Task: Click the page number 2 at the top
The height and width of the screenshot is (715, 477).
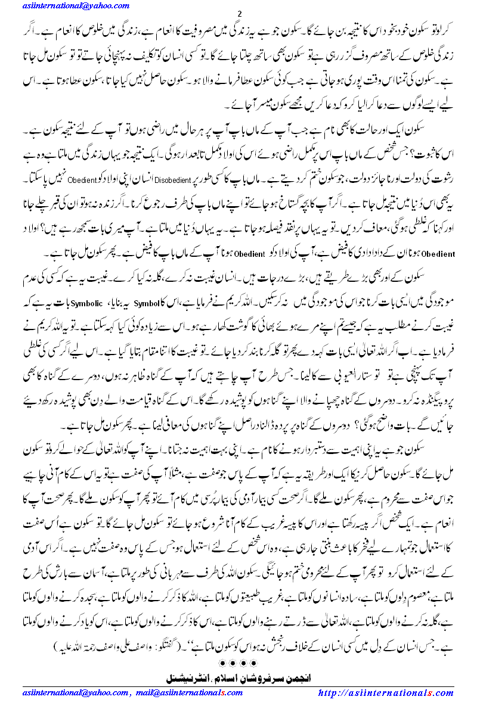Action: pos(239,14)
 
